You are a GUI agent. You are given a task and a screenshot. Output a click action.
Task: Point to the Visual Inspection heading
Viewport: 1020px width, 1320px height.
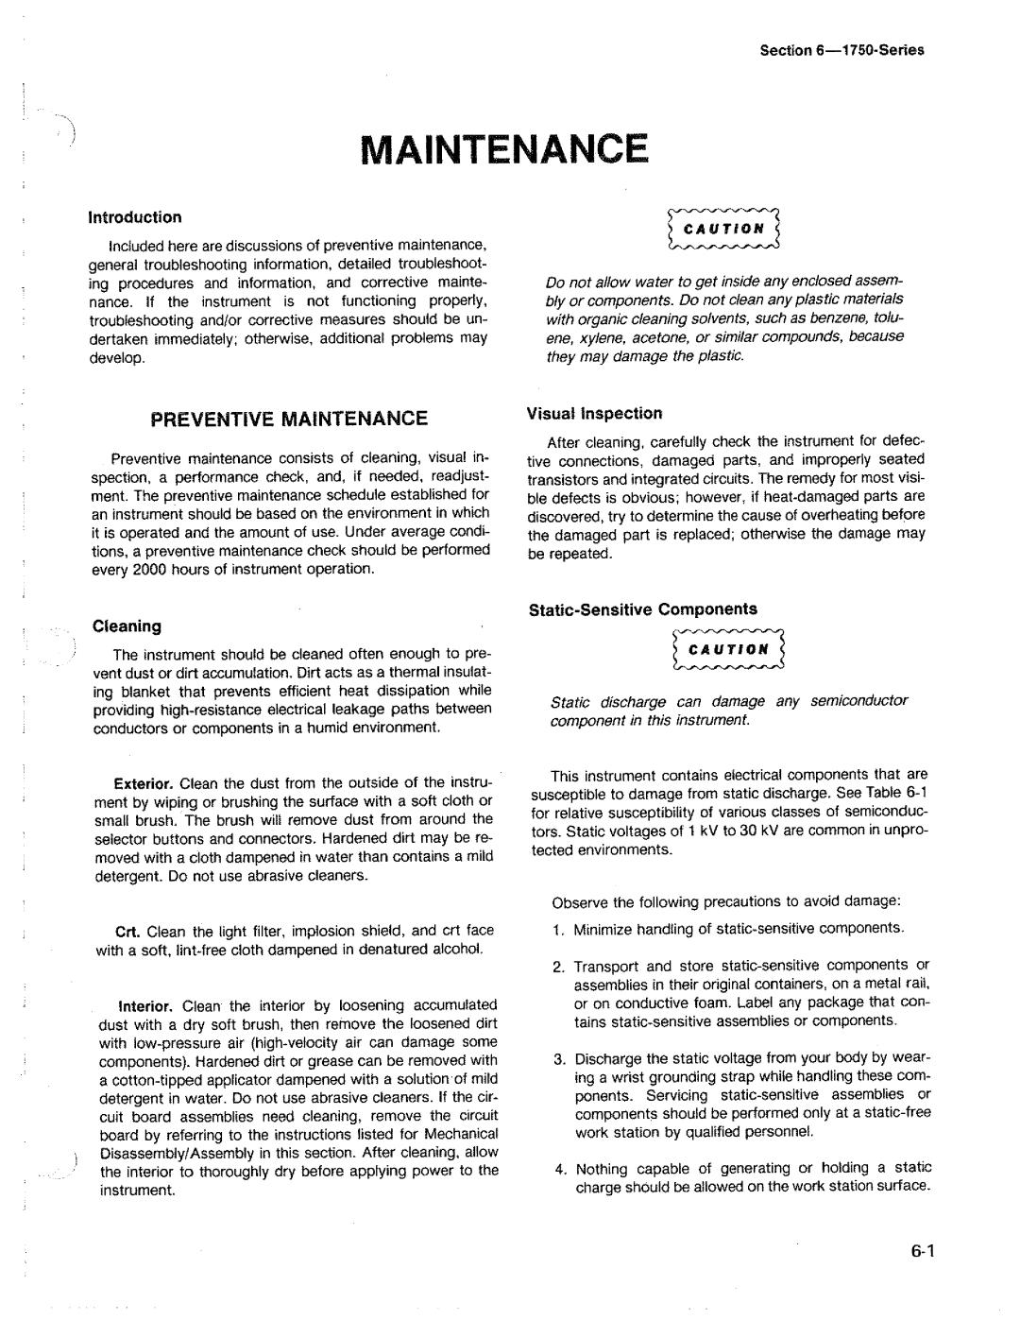tap(594, 413)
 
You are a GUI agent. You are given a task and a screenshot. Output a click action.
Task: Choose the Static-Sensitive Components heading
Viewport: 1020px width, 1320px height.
tap(642, 609)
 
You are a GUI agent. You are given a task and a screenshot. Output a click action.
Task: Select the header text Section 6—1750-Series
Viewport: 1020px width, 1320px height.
tap(841, 50)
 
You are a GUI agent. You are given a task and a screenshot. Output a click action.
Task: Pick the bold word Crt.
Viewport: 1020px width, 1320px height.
tap(128, 932)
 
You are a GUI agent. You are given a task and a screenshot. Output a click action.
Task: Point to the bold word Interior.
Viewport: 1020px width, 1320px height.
tap(144, 1005)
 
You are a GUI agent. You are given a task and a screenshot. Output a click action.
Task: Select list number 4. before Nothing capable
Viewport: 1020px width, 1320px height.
tap(559, 1168)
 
